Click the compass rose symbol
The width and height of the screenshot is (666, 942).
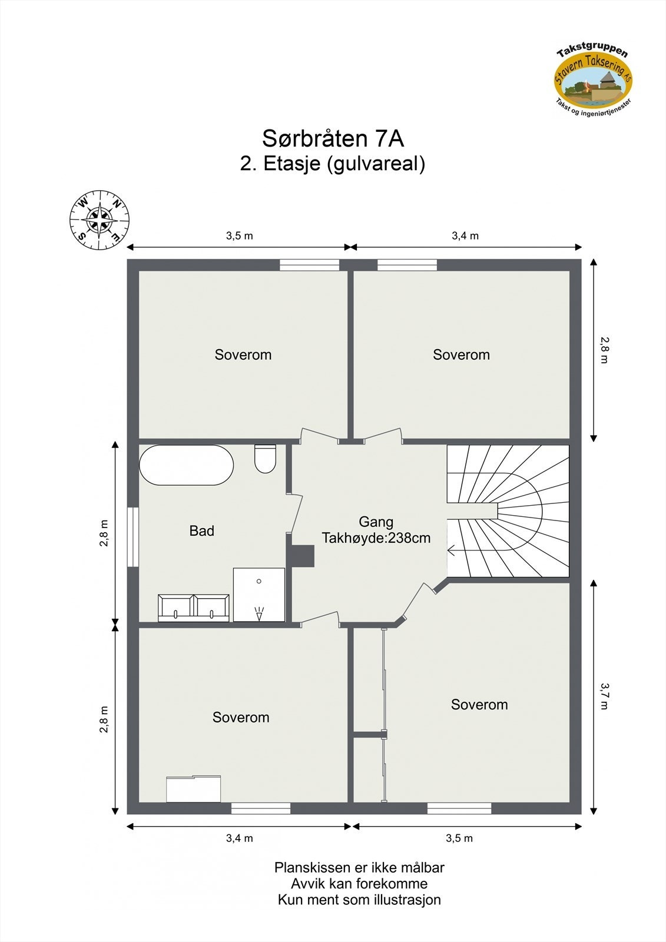point(100,220)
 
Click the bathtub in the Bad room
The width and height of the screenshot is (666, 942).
point(186,465)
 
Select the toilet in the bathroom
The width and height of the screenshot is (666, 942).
point(266,459)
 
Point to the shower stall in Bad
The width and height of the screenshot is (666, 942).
point(259,595)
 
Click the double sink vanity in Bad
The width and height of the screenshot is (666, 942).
point(194,608)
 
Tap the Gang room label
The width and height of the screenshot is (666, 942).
point(376,522)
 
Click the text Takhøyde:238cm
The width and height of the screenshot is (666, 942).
point(376,538)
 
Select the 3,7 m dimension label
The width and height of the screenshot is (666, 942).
point(604,696)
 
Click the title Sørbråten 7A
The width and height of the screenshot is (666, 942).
point(333,138)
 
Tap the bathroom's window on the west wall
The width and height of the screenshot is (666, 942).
point(134,537)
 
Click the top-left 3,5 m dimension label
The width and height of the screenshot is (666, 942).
point(239,236)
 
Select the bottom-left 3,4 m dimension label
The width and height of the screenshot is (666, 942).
point(239,838)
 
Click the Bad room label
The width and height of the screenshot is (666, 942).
point(201,531)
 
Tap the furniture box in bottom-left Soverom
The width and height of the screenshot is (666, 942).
point(193,789)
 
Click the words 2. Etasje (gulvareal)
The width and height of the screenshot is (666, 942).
point(333,164)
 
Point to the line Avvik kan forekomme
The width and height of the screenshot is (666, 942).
point(359,884)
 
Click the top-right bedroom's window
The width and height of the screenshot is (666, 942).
point(407,266)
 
